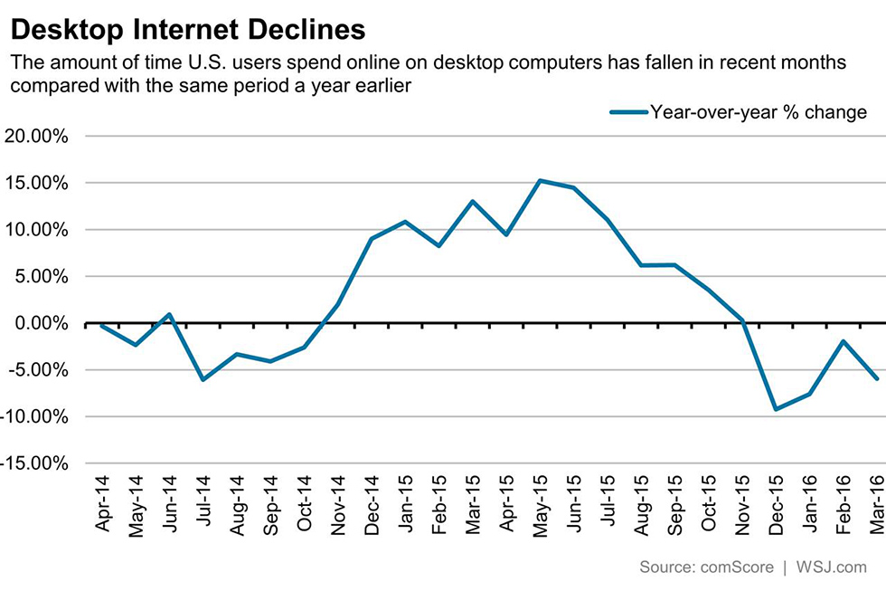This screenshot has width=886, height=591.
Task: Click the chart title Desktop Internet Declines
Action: [x=188, y=30]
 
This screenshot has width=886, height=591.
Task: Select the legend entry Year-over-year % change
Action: [x=759, y=112]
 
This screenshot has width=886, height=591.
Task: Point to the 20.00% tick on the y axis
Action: [x=37, y=137]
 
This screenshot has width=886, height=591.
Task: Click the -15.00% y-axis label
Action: [x=33, y=463]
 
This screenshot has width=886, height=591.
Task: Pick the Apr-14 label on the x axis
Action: [x=104, y=504]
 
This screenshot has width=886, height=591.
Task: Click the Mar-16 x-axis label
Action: [x=876, y=504]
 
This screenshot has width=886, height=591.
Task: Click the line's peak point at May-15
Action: [x=539, y=180]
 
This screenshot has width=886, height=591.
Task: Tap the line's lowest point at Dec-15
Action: [x=775, y=410]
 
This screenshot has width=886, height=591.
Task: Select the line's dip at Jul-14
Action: [x=203, y=379]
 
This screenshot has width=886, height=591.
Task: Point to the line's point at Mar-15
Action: [x=472, y=201]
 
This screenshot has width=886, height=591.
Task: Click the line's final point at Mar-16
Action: [x=876, y=378]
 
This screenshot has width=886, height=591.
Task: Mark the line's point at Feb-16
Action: [x=843, y=341]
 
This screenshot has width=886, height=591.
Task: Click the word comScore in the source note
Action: [x=736, y=567]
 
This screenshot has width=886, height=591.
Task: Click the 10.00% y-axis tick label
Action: [x=37, y=230]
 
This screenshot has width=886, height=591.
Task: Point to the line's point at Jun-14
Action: [x=169, y=314]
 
